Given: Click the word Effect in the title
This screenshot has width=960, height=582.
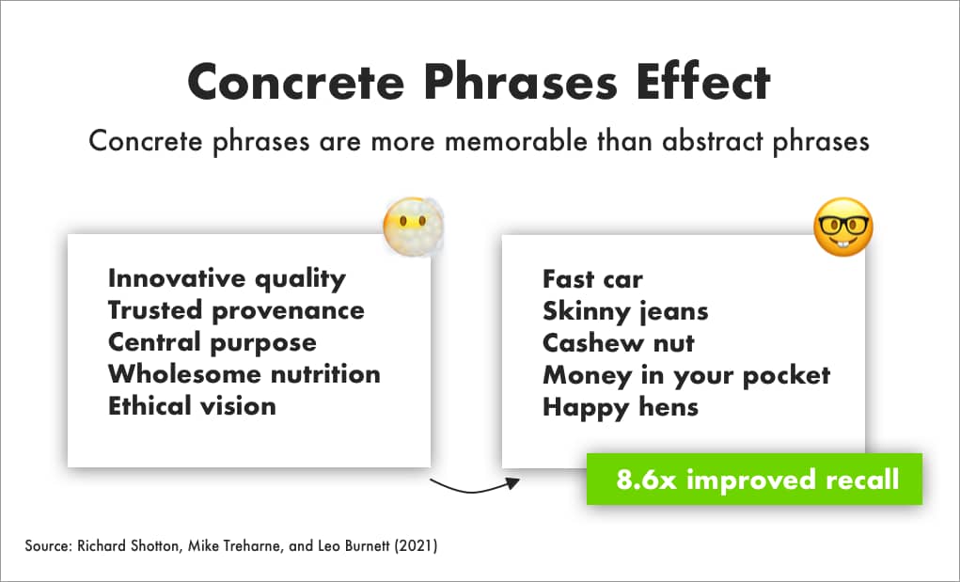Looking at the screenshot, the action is [x=703, y=82].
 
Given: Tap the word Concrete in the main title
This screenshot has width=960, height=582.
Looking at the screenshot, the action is [x=296, y=83].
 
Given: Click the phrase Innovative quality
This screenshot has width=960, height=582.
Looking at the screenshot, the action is [x=227, y=279].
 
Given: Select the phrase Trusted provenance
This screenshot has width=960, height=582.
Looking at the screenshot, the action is [x=236, y=311].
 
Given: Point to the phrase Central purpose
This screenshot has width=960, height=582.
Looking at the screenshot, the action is [x=212, y=343].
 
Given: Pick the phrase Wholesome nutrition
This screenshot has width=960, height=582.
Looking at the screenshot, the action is [x=244, y=374].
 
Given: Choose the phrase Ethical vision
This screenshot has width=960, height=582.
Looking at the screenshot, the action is [x=192, y=406].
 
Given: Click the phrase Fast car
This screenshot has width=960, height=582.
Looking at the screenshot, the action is [x=592, y=279].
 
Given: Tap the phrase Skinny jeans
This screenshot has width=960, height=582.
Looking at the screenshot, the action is [x=625, y=311].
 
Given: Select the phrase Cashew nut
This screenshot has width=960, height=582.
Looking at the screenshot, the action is [x=619, y=343].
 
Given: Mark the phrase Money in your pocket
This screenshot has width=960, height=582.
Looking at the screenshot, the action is [x=686, y=376].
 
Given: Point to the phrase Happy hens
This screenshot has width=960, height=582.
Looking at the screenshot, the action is [x=621, y=407].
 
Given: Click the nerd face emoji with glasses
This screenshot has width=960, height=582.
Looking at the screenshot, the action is [x=843, y=227].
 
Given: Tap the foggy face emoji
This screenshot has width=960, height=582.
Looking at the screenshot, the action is [x=414, y=227].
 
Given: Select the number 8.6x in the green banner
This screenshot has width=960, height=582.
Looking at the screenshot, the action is [x=646, y=480].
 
